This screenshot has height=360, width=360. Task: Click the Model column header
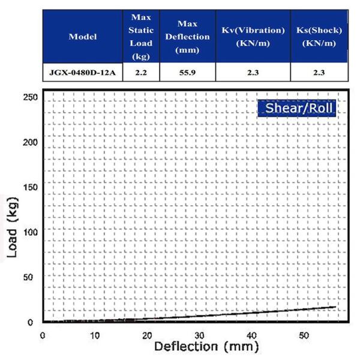tap(83, 36)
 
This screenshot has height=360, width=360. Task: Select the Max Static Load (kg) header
tap(142, 36)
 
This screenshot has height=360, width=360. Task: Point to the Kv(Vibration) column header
tap(252, 36)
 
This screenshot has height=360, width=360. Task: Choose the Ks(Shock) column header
tap(319, 36)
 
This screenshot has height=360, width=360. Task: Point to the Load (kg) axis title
tap(13, 229)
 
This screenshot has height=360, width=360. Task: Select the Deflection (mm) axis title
tap(206, 346)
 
